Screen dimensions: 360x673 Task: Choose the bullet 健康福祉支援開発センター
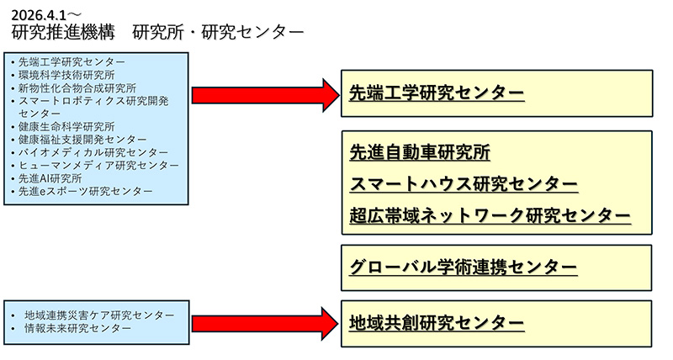click(82, 139)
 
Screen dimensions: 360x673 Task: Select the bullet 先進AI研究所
click(50, 178)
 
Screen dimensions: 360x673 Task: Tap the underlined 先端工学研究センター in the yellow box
click(437, 93)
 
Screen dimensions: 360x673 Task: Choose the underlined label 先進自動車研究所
click(420, 153)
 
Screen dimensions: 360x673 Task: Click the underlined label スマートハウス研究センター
click(464, 184)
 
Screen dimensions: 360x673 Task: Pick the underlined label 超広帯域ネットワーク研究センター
click(490, 215)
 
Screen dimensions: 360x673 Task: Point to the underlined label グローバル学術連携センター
click(464, 267)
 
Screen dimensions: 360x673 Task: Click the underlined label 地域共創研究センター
click(437, 323)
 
